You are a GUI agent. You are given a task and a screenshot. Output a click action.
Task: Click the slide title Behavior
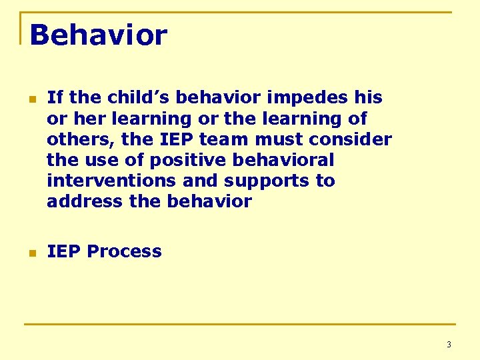(x=98, y=35)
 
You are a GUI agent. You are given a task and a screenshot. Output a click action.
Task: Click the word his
(x=368, y=97)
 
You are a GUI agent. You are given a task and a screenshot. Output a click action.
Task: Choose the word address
(x=85, y=201)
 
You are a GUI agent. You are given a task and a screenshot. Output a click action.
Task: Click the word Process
(x=124, y=251)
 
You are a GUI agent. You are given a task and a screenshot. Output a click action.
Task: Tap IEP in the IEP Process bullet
(x=64, y=251)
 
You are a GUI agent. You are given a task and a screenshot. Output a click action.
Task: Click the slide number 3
(x=448, y=345)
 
